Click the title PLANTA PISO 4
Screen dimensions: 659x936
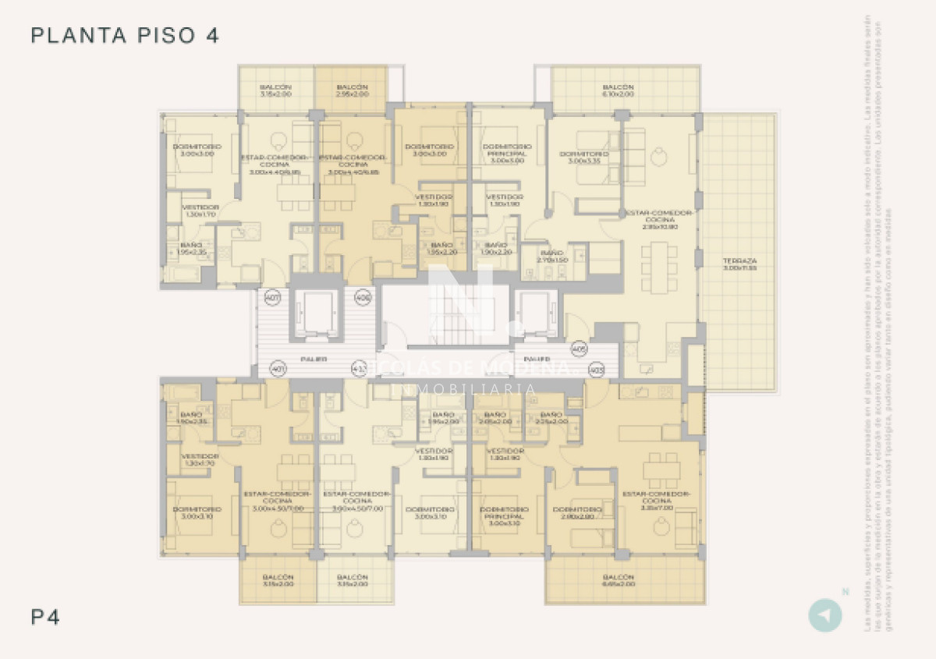[x=125, y=35]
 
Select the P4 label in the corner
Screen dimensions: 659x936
[x=45, y=618]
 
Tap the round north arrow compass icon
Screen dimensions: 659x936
[x=824, y=615]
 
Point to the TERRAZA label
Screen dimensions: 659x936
[x=739, y=264]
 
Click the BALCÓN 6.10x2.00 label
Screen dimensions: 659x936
[x=618, y=90]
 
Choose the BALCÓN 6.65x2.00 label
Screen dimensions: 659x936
[x=618, y=580]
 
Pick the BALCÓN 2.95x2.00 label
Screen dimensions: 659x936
[x=352, y=90]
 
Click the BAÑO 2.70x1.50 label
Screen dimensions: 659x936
[x=551, y=257]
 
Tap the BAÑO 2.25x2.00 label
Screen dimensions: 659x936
[x=551, y=418]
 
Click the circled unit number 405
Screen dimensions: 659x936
[x=579, y=348]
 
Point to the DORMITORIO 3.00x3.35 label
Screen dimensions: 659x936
[x=583, y=158]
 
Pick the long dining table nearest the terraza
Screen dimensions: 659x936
[x=660, y=267]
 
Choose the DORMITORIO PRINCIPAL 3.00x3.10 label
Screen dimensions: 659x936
[x=505, y=516]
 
